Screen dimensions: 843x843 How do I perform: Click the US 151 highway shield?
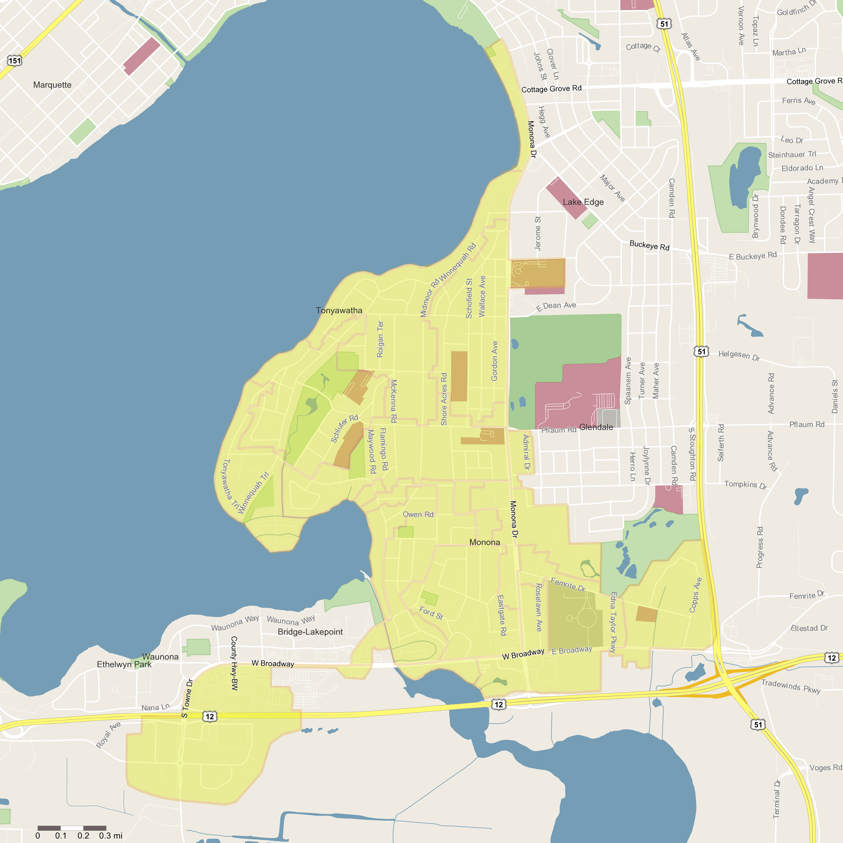pos(15,61)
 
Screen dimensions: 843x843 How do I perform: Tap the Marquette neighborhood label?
pos(52,85)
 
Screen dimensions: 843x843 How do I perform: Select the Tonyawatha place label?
pos(339,310)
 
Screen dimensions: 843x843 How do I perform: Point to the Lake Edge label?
pos(583,202)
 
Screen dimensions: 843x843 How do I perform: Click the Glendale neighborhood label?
pos(596,427)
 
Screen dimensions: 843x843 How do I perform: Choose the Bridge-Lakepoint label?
pos(310,632)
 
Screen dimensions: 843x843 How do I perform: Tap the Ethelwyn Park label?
pos(124,665)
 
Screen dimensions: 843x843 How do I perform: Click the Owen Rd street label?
pos(418,515)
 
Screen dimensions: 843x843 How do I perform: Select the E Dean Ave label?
pos(556,306)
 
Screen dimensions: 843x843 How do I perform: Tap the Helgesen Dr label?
pos(739,355)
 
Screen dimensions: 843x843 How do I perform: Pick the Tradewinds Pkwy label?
pos(791,686)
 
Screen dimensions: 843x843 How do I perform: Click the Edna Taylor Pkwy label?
pos(614,622)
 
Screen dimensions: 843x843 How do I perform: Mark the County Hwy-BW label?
pos(234,663)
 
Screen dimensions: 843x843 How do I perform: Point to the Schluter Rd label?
pos(344,428)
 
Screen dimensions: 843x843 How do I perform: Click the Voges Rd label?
pos(825,767)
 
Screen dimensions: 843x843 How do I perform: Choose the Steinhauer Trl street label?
pos(792,155)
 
